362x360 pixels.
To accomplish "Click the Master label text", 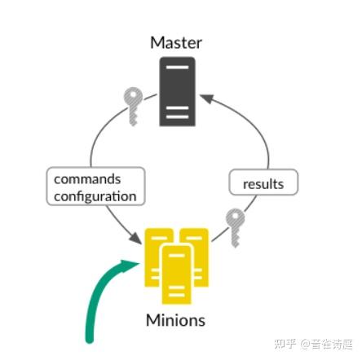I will (175, 42).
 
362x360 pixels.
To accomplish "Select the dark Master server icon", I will (177, 91).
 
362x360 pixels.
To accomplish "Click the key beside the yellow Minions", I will (235, 225).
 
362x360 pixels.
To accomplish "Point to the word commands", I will (87, 179).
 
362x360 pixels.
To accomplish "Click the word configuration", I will (95, 196).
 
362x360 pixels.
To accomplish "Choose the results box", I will (263, 183).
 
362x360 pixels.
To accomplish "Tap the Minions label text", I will (175, 320).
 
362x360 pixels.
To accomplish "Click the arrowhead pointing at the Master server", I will (206, 99).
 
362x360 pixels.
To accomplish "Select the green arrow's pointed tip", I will (136, 262).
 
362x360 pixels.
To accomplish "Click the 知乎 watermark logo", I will (285, 343).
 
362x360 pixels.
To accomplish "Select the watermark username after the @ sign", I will (328, 343).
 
